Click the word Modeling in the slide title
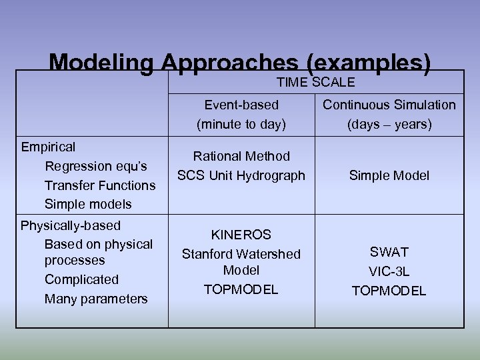(x=103, y=63)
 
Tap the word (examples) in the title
(x=369, y=63)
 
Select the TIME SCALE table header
(x=315, y=83)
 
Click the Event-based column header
(x=241, y=105)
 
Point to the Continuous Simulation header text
(x=389, y=105)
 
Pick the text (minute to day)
(x=241, y=124)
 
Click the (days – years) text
(x=389, y=124)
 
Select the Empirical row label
(x=48, y=147)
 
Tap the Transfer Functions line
(x=99, y=185)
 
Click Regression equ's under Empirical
(x=95, y=166)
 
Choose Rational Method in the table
(x=241, y=156)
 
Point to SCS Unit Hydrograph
(x=241, y=175)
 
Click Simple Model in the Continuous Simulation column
(x=389, y=175)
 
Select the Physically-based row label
(x=71, y=225)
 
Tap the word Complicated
(x=81, y=279)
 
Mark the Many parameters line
(x=96, y=299)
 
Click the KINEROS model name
(x=241, y=235)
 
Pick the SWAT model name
(x=389, y=252)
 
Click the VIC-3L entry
(x=389, y=271)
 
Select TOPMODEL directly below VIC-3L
(x=389, y=291)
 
